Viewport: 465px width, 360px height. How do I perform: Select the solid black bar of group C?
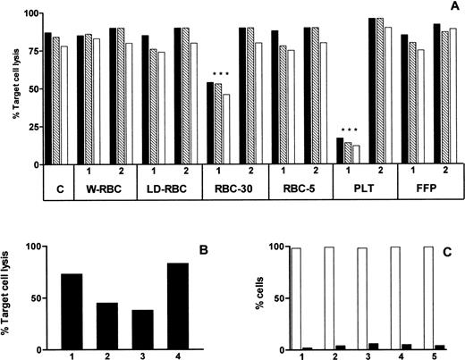point(47,98)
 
